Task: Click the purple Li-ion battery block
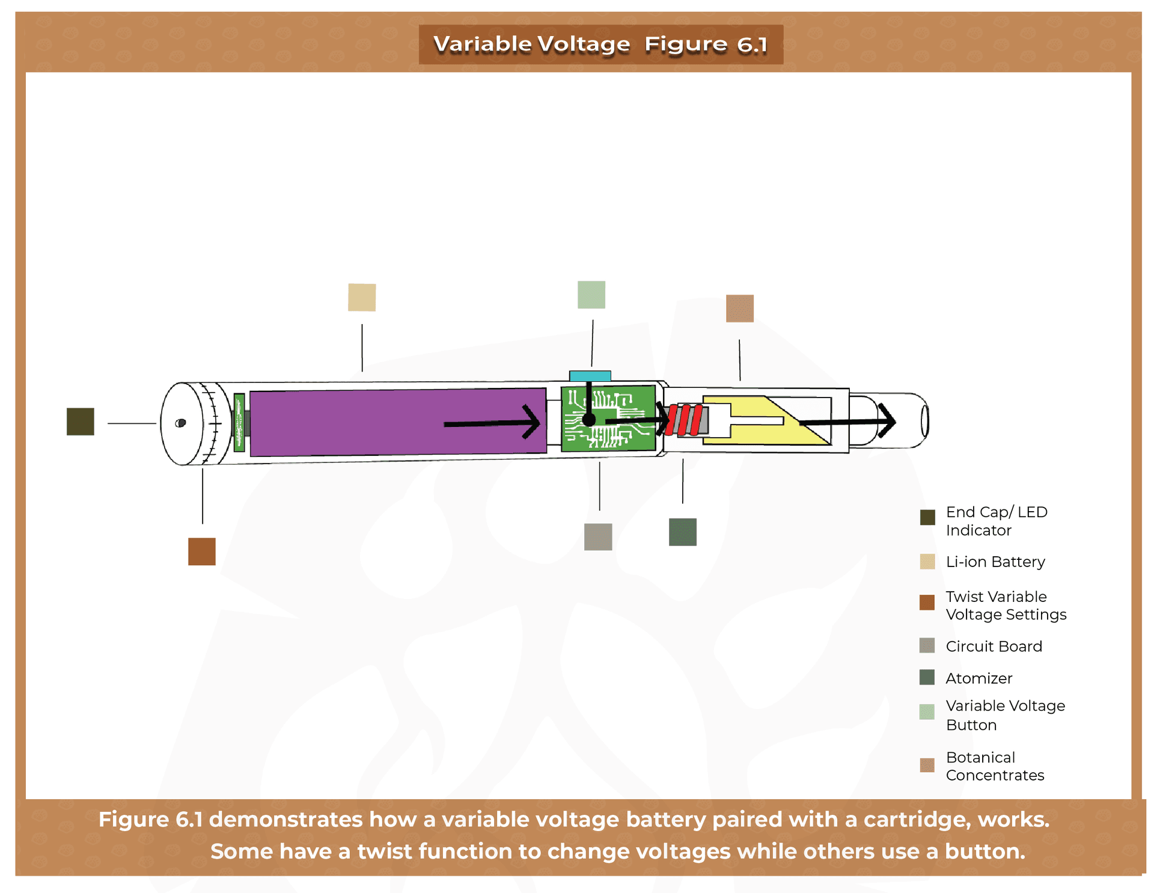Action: (361, 422)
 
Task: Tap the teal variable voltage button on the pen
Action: (590, 376)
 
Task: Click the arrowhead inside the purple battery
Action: (533, 422)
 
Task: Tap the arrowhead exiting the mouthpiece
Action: (888, 421)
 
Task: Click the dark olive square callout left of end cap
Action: (80, 421)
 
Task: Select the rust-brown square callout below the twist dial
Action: (201, 551)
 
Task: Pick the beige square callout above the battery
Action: (361, 297)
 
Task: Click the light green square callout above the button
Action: (591, 295)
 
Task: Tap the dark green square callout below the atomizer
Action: (682, 532)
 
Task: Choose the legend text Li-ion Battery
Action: (995, 562)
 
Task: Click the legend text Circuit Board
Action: (993, 646)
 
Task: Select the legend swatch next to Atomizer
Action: (926, 677)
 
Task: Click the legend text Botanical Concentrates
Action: (994, 766)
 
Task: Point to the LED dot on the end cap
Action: (180, 423)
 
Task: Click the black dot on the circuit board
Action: (588, 420)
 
